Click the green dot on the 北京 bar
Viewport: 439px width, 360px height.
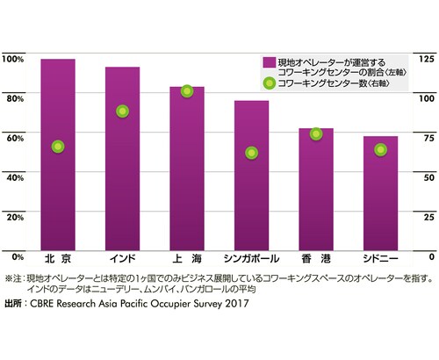coord(58,147)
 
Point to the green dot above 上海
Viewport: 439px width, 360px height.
coord(187,91)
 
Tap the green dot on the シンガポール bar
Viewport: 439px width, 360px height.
coord(251,153)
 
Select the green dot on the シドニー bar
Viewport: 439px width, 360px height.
coord(380,149)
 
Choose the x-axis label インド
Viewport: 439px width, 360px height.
coord(122,259)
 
